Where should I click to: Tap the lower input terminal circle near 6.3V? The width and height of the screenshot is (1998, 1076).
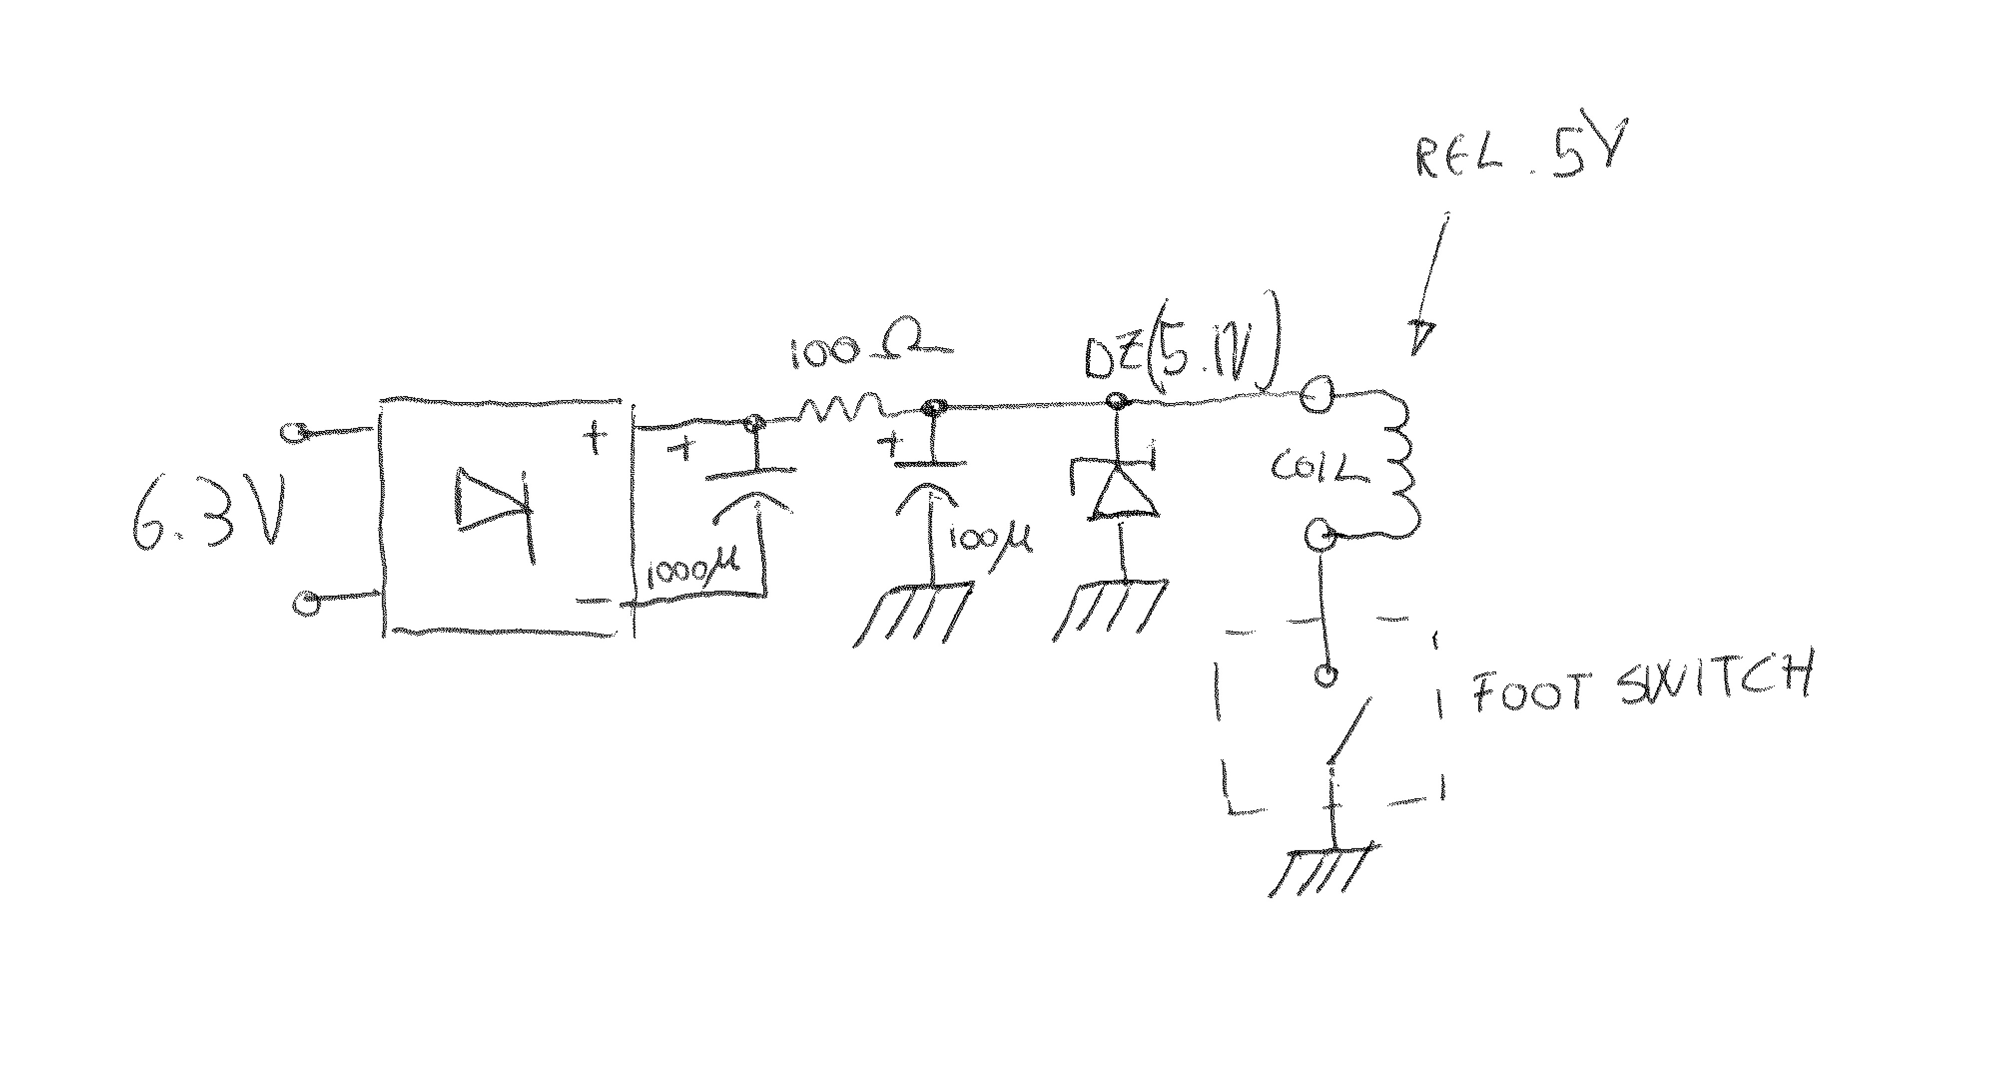coord(307,602)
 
